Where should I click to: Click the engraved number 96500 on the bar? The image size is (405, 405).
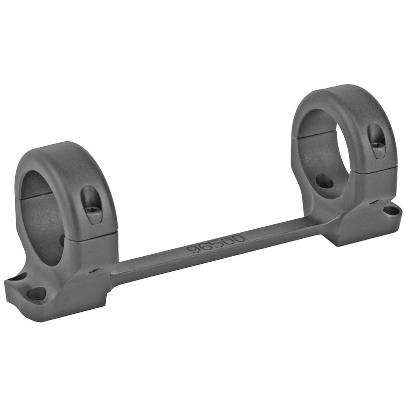[x=216, y=244]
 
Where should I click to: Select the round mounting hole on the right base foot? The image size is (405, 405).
[x=392, y=211]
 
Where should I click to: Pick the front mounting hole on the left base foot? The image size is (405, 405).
[x=36, y=295]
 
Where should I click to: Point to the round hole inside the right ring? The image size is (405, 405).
[x=324, y=181]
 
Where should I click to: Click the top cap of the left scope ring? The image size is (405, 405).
[x=67, y=181]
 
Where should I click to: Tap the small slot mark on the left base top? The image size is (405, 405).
[x=94, y=271]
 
